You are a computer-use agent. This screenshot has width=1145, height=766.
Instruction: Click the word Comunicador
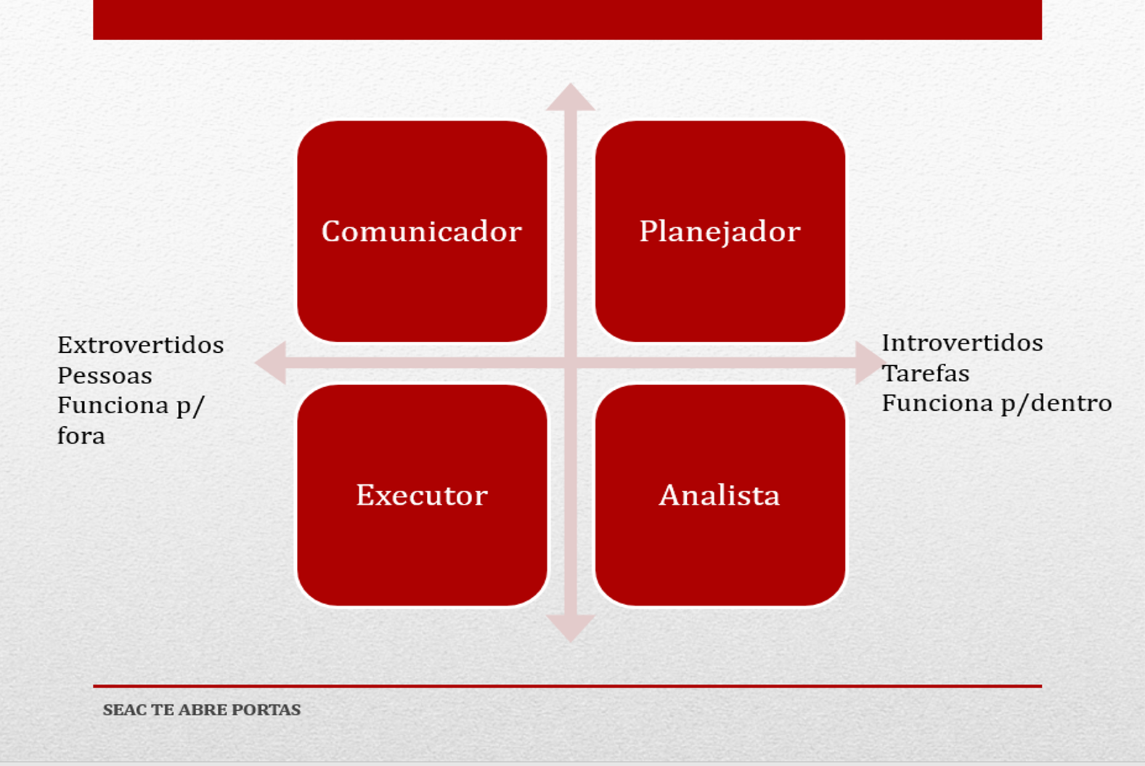point(422,232)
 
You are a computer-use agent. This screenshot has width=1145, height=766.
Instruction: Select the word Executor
point(422,495)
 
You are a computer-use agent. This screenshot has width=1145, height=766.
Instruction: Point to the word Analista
point(720,495)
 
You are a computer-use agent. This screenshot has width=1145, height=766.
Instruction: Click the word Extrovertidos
point(141,345)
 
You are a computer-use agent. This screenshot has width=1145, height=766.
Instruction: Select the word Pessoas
point(105,376)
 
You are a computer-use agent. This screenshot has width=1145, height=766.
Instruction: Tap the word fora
point(81,436)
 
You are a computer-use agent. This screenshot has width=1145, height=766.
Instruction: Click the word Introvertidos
point(963,343)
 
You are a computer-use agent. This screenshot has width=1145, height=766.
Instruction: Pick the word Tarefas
point(926,373)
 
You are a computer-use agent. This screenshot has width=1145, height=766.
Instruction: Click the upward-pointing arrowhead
point(571,97)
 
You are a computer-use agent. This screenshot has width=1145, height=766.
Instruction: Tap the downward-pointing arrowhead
point(571,629)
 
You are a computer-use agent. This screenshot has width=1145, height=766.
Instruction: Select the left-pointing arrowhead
point(270,363)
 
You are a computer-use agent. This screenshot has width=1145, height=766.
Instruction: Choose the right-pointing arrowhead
point(871,363)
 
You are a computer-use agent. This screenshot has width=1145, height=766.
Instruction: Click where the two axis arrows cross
point(571,363)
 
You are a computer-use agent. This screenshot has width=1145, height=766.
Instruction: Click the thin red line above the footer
point(567,686)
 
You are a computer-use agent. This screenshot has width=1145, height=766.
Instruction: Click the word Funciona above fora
point(113,405)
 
